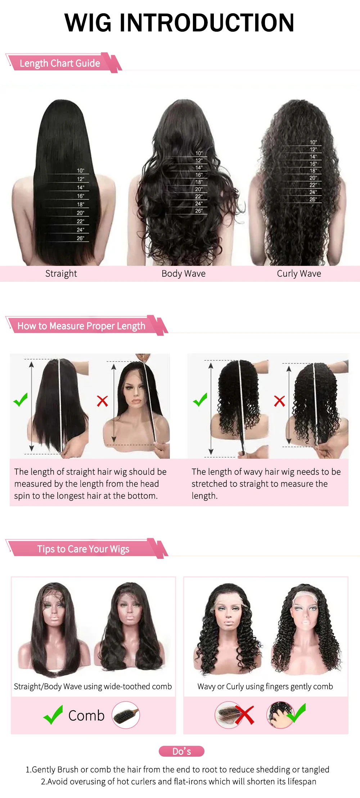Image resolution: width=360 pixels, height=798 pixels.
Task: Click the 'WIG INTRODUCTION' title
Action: (179, 23)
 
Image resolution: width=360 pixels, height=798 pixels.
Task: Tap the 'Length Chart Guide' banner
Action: (64, 63)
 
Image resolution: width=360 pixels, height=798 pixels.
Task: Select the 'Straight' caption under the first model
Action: (61, 273)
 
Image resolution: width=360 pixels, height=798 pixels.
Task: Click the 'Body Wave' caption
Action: (184, 273)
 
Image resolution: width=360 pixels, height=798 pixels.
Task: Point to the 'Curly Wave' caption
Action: (299, 273)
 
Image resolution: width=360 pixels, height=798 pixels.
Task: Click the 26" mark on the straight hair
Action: (80, 238)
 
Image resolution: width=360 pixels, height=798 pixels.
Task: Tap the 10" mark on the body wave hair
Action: (199, 153)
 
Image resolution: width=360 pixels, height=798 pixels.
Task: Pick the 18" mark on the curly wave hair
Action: (313, 171)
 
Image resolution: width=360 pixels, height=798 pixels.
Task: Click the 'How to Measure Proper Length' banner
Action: (87, 326)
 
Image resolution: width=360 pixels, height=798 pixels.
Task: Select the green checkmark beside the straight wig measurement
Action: (21, 399)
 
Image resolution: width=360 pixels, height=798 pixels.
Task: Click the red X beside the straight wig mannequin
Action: (103, 401)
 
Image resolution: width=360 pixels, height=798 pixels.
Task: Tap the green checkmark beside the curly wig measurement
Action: (200, 399)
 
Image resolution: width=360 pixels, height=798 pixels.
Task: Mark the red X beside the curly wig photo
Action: (280, 401)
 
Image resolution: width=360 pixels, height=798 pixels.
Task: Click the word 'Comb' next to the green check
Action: (86, 716)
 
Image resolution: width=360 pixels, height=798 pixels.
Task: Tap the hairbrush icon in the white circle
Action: (126, 715)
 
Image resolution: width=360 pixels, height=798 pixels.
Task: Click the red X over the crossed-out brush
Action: (244, 714)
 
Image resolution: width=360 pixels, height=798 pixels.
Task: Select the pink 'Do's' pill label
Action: (182, 751)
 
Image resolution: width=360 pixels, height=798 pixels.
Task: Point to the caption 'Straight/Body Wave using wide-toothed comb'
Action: (93, 686)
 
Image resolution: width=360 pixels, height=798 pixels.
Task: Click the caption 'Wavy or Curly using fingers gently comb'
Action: (265, 686)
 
